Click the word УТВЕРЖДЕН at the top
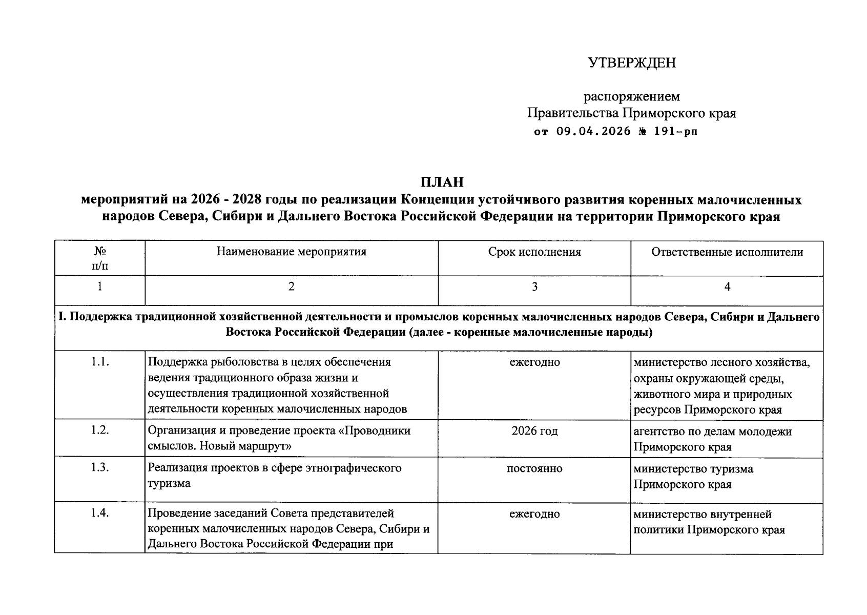pyautogui.click(x=632, y=63)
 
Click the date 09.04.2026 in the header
pyautogui.click(x=593, y=132)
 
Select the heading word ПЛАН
pyautogui.click(x=442, y=182)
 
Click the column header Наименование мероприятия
pyautogui.click(x=291, y=252)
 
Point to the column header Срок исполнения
pyautogui.click(x=534, y=252)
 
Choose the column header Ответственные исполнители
pyautogui.click(x=727, y=252)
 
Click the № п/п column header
pyautogui.click(x=100, y=258)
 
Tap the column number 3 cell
pyautogui.click(x=534, y=287)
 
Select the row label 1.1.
pyautogui.click(x=100, y=362)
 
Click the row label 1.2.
pyautogui.click(x=100, y=430)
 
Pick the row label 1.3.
pyautogui.click(x=100, y=468)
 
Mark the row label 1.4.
pyautogui.click(x=100, y=514)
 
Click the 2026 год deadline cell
pyautogui.click(x=534, y=431)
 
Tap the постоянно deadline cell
pyautogui.click(x=534, y=468)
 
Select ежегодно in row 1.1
pyautogui.click(x=534, y=362)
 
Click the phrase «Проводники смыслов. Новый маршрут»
pyautogui.click(x=279, y=439)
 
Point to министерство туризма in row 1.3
pyautogui.click(x=693, y=469)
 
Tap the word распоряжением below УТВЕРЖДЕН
pyautogui.click(x=632, y=96)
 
